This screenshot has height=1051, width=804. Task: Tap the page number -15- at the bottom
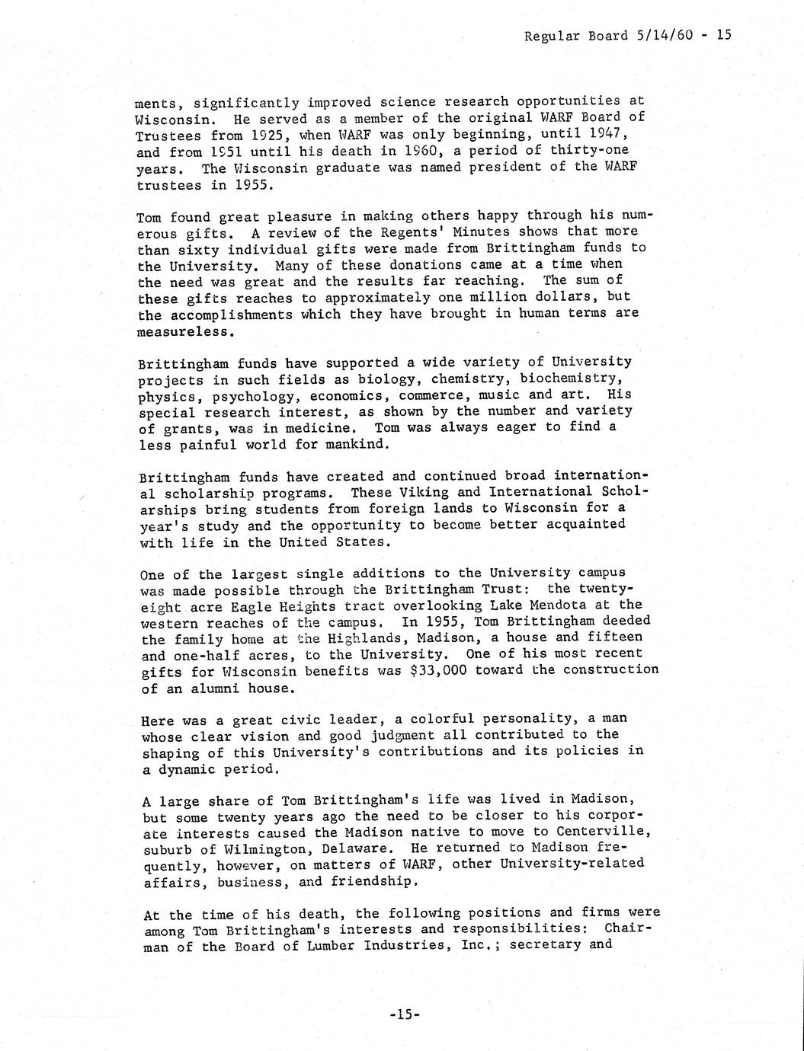[x=404, y=1014]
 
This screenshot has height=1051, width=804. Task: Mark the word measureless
[x=182, y=332]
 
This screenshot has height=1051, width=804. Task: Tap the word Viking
[x=437, y=493]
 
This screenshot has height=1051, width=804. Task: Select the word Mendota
[x=566, y=605]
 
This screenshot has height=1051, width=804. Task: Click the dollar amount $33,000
[x=453, y=670]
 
